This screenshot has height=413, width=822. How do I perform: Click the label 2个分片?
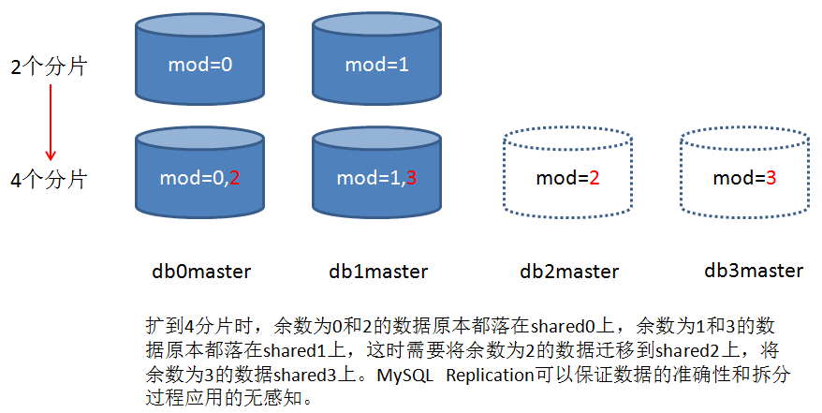click(48, 67)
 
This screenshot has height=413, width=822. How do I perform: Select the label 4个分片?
click(48, 180)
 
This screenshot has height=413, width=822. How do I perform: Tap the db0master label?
click(201, 272)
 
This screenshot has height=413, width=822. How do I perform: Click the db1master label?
click(378, 272)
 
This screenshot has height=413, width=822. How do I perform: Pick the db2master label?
click(569, 272)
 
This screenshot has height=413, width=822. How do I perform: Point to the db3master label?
click(754, 271)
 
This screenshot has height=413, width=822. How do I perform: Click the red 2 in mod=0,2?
click(235, 178)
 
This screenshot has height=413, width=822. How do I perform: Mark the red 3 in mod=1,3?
click(412, 178)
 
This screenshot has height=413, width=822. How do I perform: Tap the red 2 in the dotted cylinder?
click(594, 178)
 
